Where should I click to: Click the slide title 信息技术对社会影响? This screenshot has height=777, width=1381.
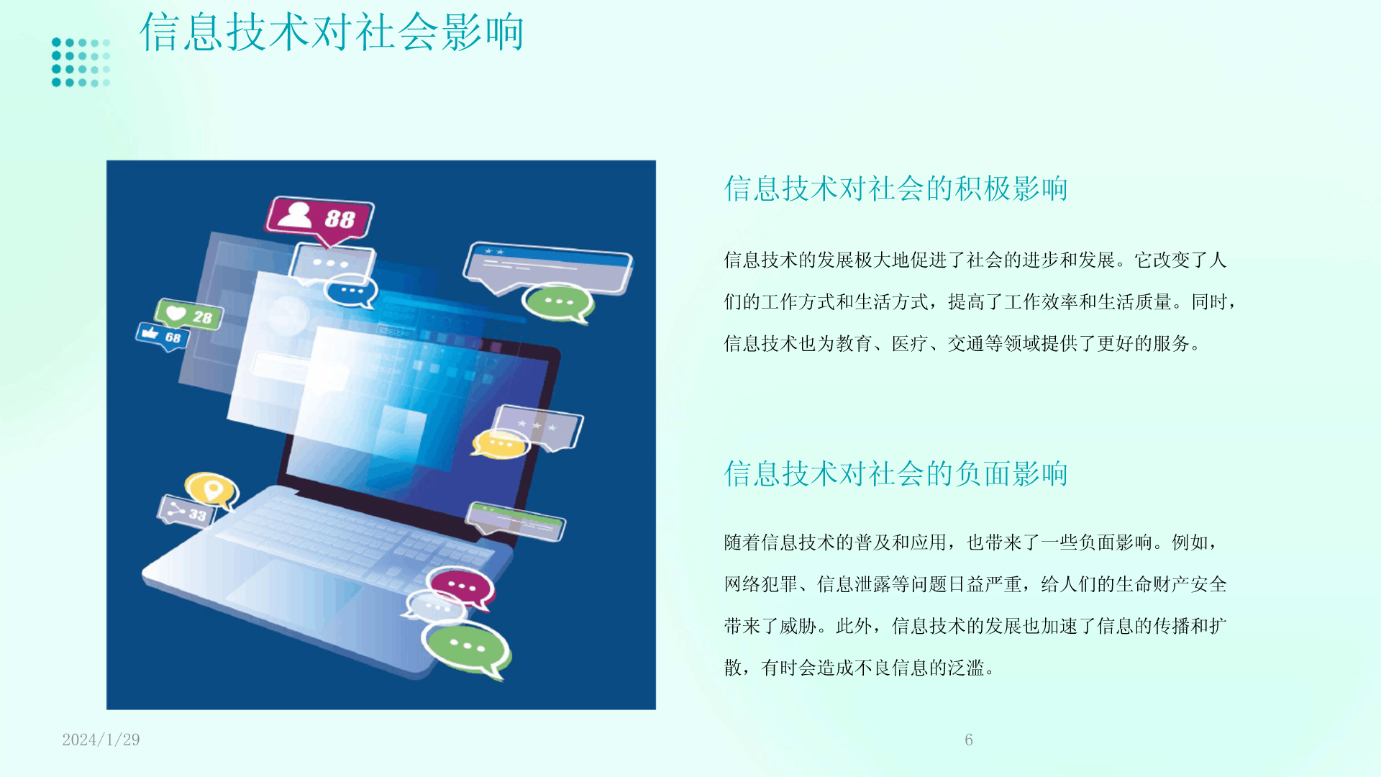tap(332, 32)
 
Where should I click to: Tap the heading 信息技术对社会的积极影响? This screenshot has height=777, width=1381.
tap(895, 188)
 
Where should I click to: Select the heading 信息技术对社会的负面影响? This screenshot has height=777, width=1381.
tap(895, 473)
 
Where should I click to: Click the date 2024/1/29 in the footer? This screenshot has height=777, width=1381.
tap(101, 740)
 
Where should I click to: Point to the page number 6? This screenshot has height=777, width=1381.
tap(969, 740)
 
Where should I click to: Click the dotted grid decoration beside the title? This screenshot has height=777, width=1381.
tap(81, 63)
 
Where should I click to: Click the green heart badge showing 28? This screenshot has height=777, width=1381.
tap(188, 314)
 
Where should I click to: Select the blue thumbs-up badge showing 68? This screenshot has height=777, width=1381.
tap(163, 335)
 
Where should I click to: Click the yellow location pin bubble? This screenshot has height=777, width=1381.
tap(211, 491)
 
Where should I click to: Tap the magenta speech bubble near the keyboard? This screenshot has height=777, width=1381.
tap(460, 587)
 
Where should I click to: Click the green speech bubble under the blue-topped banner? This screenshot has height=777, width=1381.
tap(558, 302)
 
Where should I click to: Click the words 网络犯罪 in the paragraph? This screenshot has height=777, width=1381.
tap(761, 584)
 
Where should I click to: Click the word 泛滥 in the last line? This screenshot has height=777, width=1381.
tap(966, 668)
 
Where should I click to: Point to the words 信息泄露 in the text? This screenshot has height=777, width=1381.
tap(854, 584)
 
